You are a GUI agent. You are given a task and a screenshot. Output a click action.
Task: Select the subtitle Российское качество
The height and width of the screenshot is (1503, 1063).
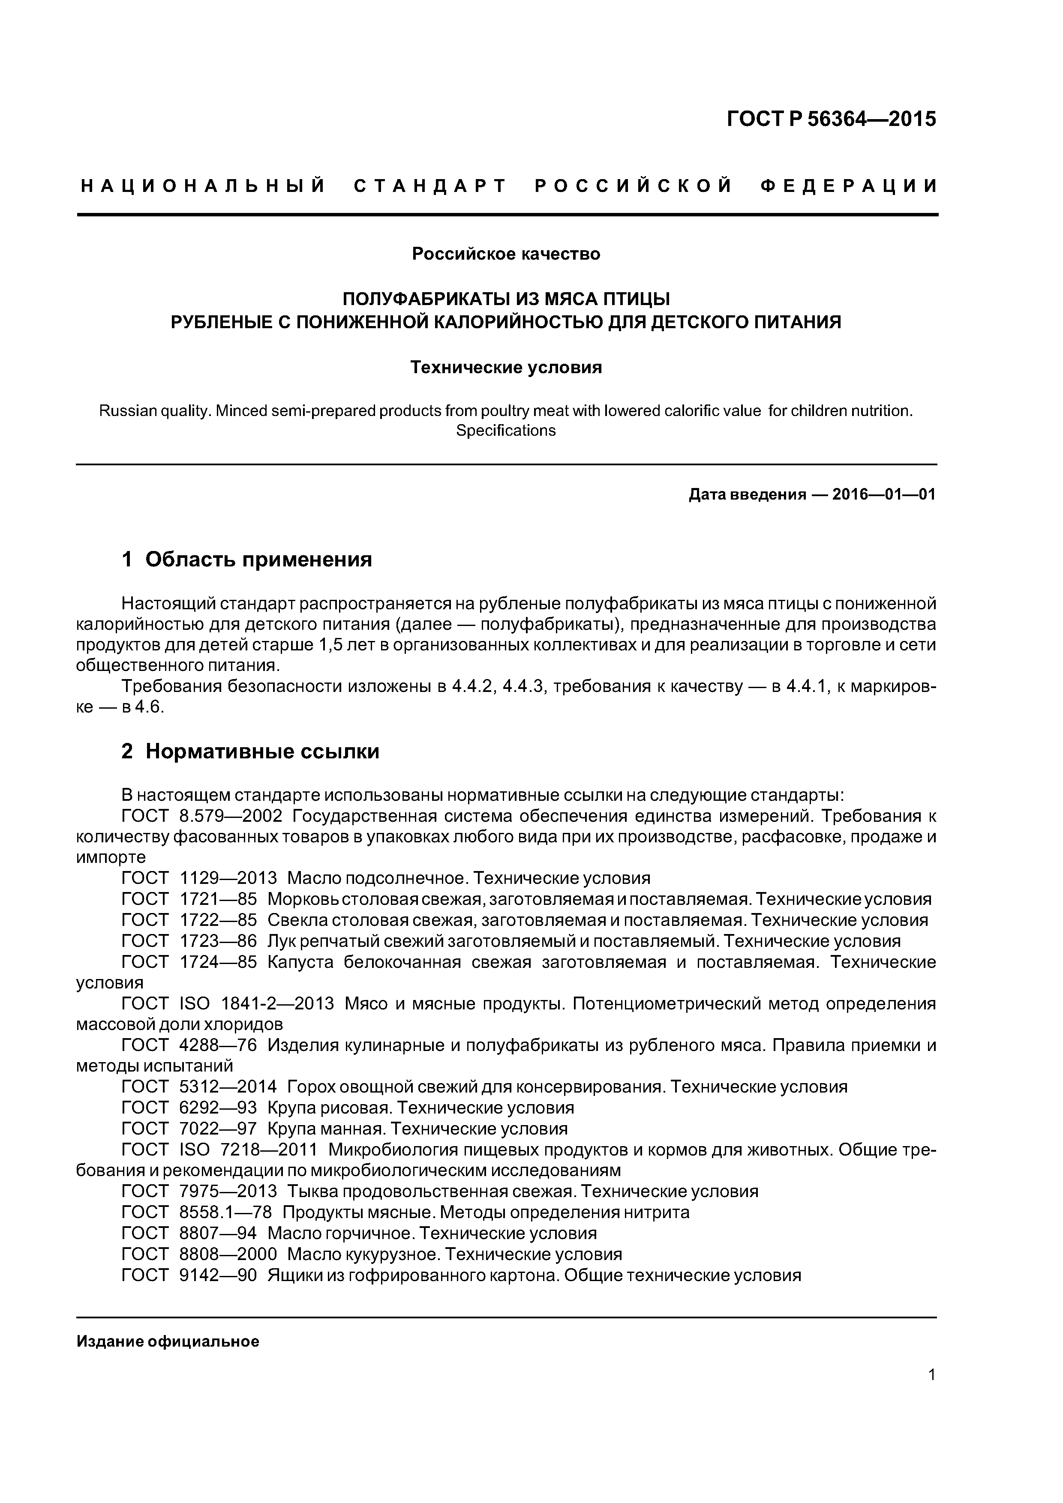[x=506, y=254]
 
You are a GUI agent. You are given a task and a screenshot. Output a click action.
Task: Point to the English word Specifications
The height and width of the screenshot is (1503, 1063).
[x=506, y=431]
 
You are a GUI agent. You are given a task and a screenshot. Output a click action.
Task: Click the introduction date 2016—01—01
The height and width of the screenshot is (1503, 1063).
[x=883, y=494]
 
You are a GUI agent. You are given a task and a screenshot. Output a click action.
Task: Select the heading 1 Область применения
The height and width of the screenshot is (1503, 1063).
[x=247, y=560]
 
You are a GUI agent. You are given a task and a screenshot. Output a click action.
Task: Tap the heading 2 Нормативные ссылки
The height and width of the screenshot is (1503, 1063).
[x=250, y=751]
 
